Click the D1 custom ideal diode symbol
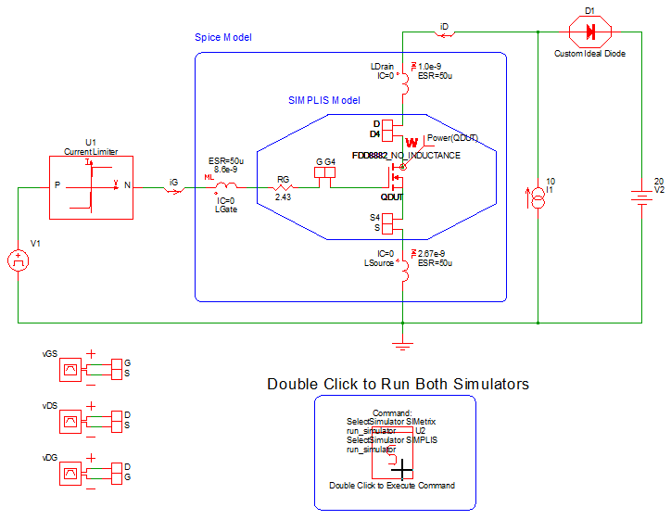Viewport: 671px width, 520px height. pos(589,32)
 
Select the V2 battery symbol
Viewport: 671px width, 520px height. pos(640,197)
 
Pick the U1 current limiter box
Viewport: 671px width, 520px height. pos(90,186)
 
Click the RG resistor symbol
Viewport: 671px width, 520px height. pos(284,186)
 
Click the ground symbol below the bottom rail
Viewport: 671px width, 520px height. pos(401,344)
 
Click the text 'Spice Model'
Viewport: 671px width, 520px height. pos(222,37)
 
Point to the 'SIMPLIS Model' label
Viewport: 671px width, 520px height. pos(323,99)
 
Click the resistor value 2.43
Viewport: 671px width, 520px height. pos(284,197)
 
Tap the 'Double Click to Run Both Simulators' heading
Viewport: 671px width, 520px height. pos(398,383)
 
